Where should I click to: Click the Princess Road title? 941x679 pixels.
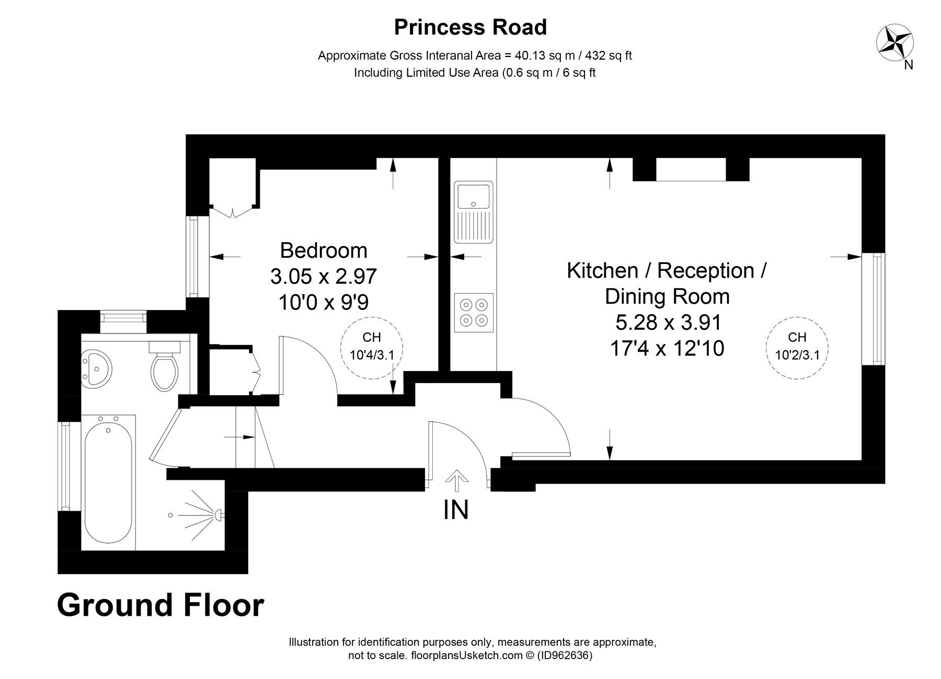[470, 27]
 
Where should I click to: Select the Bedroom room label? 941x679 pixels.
[324, 250]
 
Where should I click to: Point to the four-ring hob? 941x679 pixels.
[474, 312]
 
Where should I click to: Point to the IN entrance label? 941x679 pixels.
[456, 510]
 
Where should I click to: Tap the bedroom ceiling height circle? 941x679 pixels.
[372, 346]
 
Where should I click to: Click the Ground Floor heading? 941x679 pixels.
[160, 605]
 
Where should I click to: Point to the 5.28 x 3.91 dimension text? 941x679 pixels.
[668, 322]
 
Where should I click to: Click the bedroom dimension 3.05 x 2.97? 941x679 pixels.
[324, 276]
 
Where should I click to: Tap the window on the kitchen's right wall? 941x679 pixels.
[874, 308]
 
